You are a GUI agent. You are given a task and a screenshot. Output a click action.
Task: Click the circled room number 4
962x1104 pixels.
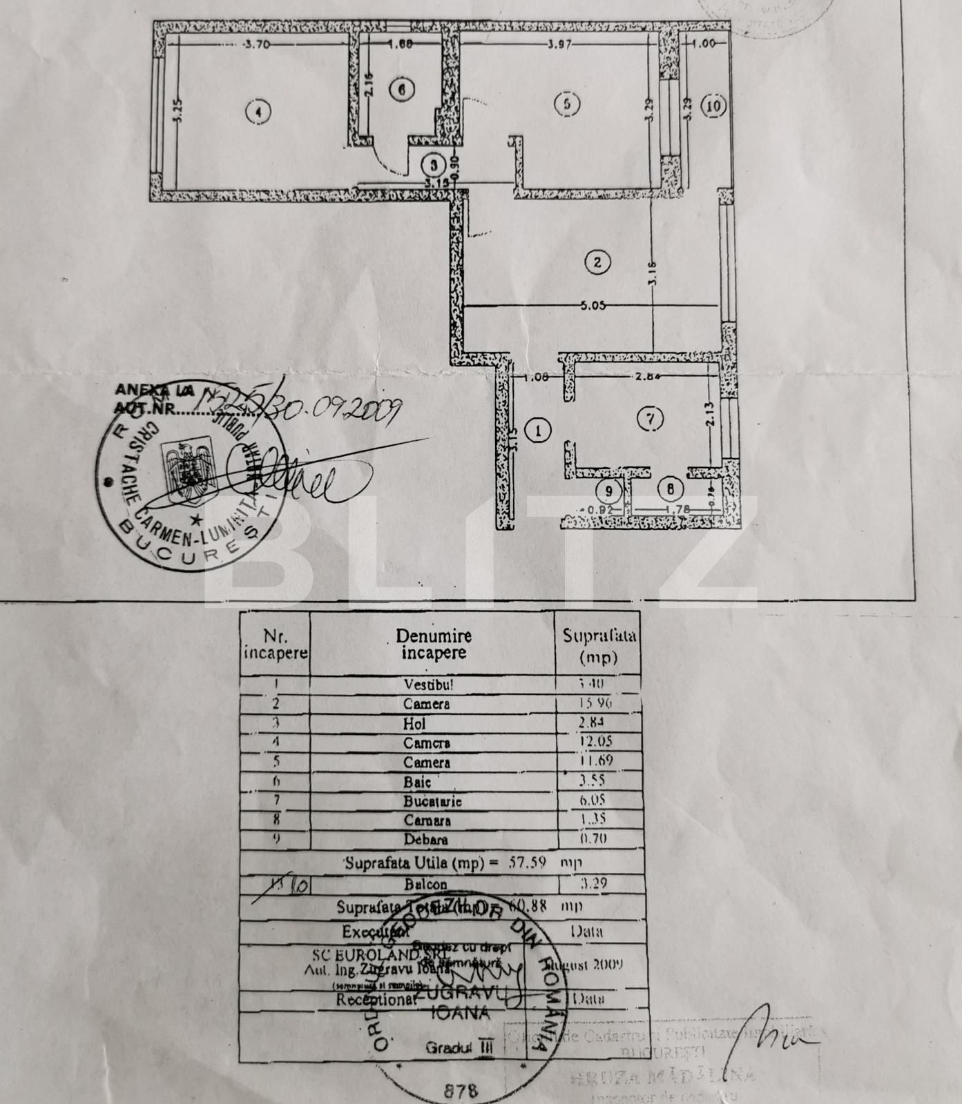[258, 111]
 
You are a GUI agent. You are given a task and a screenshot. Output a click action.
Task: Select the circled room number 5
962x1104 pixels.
[567, 104]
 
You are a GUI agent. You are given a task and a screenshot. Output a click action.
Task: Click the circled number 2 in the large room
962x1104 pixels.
[597, 262]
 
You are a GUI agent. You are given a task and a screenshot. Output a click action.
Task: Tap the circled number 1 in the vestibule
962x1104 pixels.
[538, 431]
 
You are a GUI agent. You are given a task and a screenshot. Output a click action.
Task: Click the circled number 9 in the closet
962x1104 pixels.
[608, 491]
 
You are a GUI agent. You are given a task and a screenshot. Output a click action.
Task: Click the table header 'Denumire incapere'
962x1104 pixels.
[433, 644]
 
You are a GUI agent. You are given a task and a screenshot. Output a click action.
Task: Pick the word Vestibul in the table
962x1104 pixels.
[428, 686]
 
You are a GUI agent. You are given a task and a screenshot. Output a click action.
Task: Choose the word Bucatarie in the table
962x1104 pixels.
[432, 802]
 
